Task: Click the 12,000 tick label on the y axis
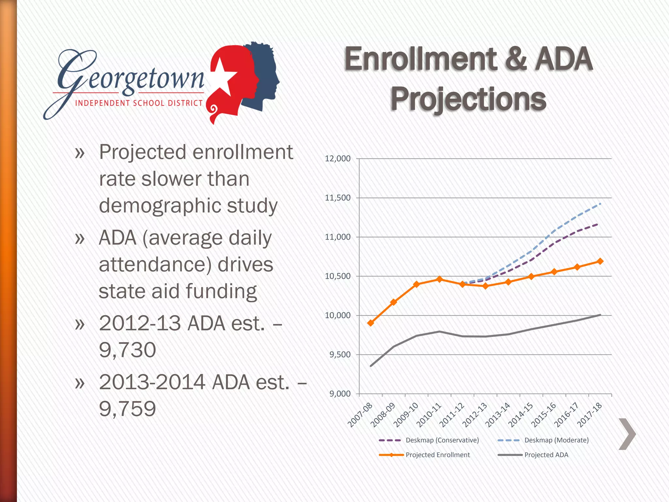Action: [x=337, y=159]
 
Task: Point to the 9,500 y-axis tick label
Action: [x=340, y=355]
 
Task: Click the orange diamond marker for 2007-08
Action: [x=370, y=323]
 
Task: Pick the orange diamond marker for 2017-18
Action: [x=600, y=261]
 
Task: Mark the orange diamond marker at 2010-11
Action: [x=439, y=279]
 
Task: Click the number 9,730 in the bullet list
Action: [x=127, y=350]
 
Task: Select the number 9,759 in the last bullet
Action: [x=127, y=409]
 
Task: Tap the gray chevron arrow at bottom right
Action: [x=627, y=434]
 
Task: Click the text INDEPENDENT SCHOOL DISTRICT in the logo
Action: [x=139, y=103]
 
